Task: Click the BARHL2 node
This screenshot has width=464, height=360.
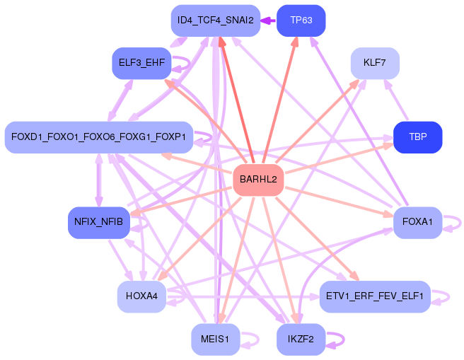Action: (258, 179)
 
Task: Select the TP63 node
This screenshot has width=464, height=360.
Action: (301, 21)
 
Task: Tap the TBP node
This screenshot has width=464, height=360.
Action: (418, 137)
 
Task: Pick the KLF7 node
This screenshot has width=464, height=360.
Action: (375, 63)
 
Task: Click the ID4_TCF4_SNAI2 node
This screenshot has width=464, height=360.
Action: (216, 21)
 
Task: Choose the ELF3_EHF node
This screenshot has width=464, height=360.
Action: (141, 63)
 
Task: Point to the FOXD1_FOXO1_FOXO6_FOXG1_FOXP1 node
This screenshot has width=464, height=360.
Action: (99, 137)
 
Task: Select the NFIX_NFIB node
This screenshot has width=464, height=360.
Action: (99, 222)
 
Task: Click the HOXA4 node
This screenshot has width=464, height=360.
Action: (141, 296)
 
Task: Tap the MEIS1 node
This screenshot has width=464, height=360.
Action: (216, 339)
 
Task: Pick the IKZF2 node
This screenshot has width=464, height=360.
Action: (301, 339)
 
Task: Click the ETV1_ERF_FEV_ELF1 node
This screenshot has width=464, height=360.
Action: (375, 296)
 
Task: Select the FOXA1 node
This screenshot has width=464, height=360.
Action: (418, 222)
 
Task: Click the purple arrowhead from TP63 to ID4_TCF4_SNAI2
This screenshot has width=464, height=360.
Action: (265, 21)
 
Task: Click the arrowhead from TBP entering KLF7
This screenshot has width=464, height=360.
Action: (388, 83)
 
